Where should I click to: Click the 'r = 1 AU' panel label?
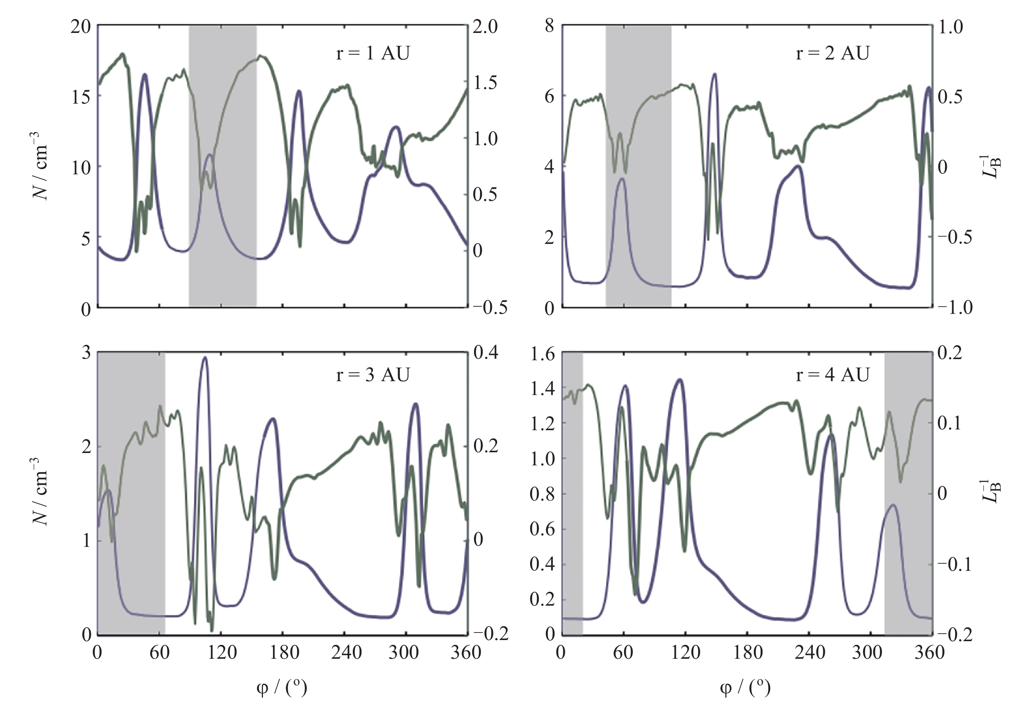point(373,53)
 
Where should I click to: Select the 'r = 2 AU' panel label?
point(832,53)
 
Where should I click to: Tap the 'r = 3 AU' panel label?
point(373,375)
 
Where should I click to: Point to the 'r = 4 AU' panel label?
point(832,375)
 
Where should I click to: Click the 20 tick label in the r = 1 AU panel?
point(81,27)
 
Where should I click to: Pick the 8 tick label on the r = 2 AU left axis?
point(549,27)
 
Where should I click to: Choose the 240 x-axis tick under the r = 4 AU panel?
point(809,652)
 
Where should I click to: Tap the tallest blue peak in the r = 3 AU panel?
point(205,358)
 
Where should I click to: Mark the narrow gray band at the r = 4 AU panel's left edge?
point(572,492)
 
